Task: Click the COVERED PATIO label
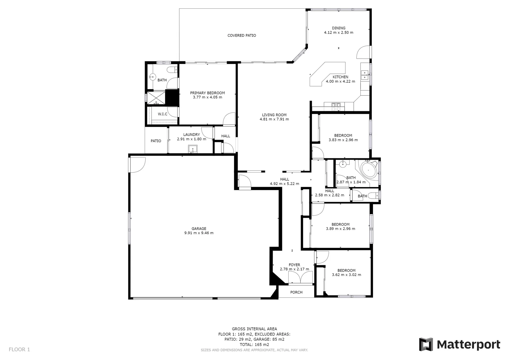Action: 242,35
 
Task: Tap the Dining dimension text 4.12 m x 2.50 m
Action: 338,33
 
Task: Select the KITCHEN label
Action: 340,77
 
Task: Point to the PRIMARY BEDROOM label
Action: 207,93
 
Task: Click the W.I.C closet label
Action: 163,114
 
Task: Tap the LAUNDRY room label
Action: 191,135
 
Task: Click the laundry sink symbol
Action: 193,149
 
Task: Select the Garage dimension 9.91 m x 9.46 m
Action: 199,233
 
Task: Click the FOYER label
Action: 294,265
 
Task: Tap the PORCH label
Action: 296,292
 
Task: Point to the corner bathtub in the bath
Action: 369,170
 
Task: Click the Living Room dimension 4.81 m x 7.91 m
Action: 274,119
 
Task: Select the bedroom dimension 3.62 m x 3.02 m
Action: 346,275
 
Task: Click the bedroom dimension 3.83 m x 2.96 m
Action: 343,140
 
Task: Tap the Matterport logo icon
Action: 426,344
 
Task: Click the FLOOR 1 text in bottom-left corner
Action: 19,349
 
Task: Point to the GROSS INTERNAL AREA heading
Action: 254,329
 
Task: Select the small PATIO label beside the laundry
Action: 156,141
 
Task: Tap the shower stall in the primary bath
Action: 156,97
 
